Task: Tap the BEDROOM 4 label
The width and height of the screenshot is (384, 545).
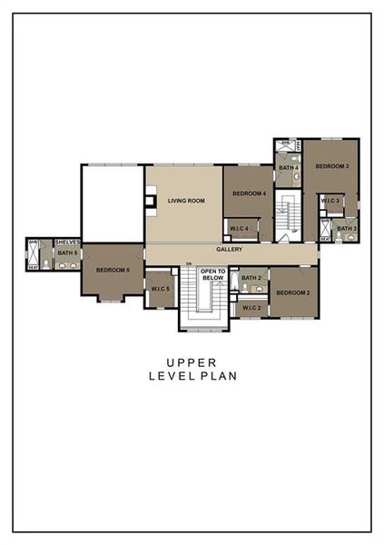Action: [249, 193]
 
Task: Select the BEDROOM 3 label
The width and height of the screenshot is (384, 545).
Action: [332, 167]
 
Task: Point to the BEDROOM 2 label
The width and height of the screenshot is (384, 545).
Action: [293, 292]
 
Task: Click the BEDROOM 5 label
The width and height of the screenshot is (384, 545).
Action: [113, 270]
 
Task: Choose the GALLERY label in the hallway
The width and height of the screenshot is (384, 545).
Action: [230, 249]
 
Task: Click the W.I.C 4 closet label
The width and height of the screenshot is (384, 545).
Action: [240, 228]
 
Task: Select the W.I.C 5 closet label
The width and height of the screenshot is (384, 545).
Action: [161, 290]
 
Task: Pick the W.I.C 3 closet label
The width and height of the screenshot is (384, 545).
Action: [330, 201]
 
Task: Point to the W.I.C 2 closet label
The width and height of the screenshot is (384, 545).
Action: [251, 308]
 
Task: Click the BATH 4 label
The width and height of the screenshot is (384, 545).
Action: [289, 168]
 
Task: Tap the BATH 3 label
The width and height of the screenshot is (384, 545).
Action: [347, 228]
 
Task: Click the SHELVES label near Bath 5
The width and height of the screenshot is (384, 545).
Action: [68, 243]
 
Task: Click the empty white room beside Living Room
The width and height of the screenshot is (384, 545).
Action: [113, 202]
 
